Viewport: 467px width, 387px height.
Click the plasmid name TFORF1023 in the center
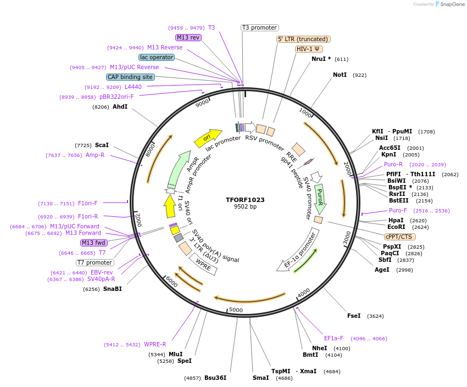245,200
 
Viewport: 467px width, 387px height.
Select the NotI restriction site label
340,75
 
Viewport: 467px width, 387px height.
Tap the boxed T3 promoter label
260,27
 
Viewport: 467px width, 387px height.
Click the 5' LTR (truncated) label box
303,39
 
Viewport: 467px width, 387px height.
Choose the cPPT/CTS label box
399,237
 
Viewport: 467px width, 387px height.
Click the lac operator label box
157,57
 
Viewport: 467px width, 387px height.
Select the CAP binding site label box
130,77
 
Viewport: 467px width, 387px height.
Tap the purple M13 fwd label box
94,243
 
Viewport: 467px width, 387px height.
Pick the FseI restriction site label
354,316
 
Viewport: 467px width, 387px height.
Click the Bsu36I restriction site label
215,378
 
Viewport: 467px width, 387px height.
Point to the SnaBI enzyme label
113,289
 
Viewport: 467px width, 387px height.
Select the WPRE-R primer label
155,344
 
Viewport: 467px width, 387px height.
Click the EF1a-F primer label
333,338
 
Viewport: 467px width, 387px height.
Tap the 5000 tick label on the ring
236,310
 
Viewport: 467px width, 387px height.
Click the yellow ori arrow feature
208,137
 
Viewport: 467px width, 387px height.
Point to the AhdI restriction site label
120,106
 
